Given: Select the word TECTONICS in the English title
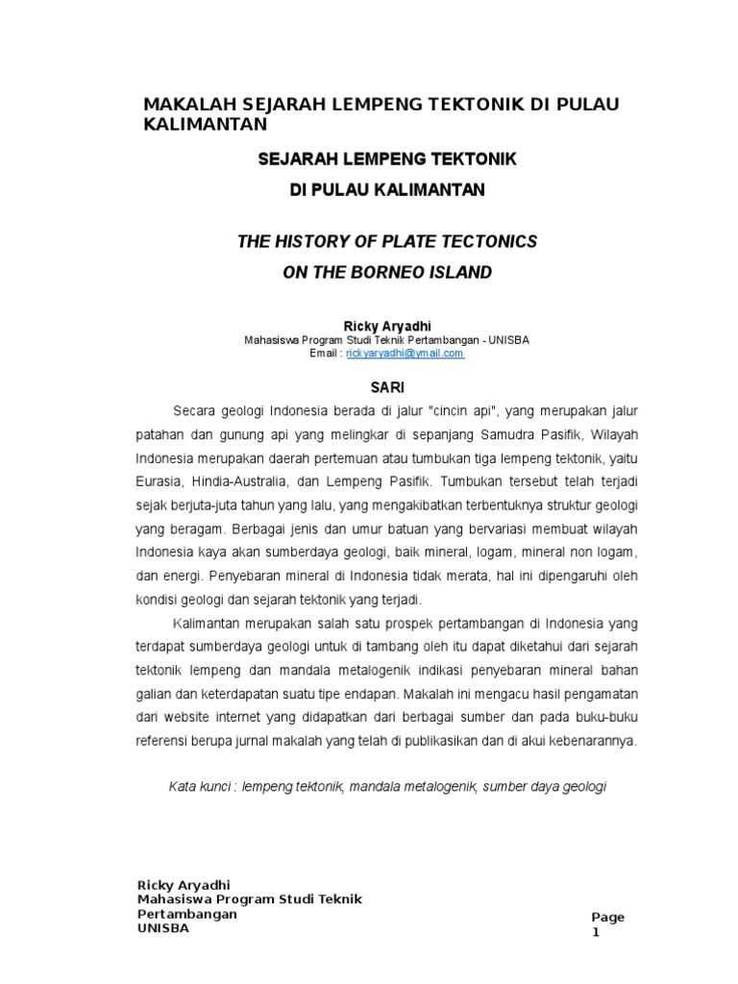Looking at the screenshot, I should pyautogui.click(x=476, y=241).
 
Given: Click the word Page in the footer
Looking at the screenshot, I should pyautogui.click(x=607, y=917).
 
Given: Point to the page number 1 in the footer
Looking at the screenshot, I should pyautogui.click(x=594, y=931).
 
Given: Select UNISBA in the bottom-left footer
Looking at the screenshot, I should pyautogui.click(x=163, y=929).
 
